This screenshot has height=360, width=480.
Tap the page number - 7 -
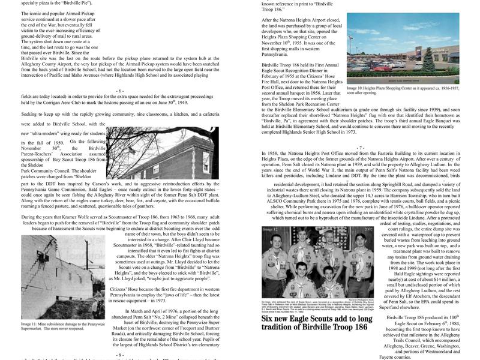360,148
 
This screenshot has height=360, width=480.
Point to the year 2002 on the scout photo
364,229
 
